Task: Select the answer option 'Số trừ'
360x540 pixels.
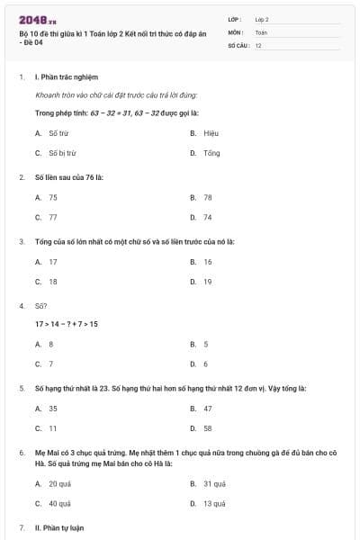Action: (58, 132)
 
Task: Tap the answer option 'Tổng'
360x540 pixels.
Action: (211, 153)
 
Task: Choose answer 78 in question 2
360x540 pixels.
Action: (207, 196)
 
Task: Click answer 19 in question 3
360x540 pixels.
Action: (207, 281)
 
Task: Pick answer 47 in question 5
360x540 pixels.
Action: (207, 408)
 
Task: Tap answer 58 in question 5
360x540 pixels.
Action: (207, 428)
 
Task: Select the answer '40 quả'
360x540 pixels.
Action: (59, 503)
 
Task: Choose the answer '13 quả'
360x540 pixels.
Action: (213, 503)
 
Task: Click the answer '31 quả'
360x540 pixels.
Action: (213, 482)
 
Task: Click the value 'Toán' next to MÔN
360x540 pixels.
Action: (261, 31)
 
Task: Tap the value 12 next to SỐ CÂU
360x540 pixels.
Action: (258, 45)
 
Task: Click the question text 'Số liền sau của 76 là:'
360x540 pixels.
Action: (68, 176)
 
